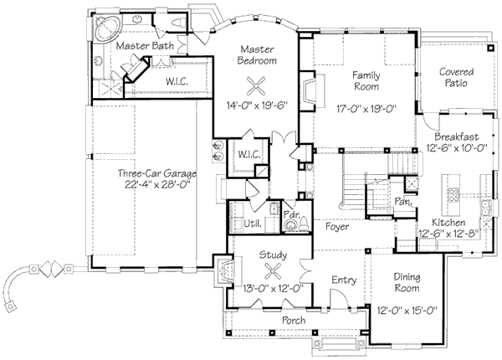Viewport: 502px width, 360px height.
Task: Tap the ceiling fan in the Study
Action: (273, 272)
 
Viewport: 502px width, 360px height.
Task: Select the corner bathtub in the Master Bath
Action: (108, 28)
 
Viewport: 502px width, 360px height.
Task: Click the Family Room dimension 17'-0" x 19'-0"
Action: (366, 109)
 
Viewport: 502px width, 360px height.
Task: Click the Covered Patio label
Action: (456, 78)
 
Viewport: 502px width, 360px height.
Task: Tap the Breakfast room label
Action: (457, 136)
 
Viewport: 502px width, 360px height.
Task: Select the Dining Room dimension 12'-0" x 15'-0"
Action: (407, 310)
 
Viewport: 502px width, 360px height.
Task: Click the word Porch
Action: (294, 320)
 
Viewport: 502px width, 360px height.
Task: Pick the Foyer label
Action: (337, 227)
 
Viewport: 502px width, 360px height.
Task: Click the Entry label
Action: (344, 280)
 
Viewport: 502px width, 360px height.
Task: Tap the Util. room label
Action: (253, 224)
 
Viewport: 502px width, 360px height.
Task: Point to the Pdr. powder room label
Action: (291, 214)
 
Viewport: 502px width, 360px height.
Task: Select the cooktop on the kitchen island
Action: (453, 195)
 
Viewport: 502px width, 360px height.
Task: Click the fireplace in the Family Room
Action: (309, 90)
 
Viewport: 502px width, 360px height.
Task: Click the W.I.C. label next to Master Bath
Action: (177, 82)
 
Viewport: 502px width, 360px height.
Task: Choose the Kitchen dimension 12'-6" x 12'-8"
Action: (448, 234)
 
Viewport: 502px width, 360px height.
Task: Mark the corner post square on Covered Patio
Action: (490, 49)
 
